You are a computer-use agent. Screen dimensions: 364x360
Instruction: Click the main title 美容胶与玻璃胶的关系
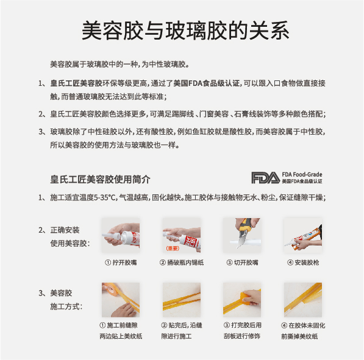pyautogui.click(x=185, y=30)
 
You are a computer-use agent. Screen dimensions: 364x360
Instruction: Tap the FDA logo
pyautogui.click(x=266, y=178)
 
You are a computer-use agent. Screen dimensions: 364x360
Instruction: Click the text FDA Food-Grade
pyautogui.click(x=302, y=174)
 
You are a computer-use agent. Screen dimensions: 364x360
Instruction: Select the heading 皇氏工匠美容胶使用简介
pyautogui.click(x=100, y=179)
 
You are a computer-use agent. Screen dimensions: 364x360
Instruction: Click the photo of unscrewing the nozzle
pyautogui.click(x=121, y=235)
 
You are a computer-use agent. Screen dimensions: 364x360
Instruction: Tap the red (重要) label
pyautogui.click(x=173, y=249)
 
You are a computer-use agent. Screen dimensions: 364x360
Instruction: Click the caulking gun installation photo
pyautogui.click(x=302, y=235)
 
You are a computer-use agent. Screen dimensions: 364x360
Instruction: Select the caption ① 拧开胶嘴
pyautogui.click(x=121, y=263)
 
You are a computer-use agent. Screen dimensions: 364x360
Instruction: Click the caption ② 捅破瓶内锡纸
pyautogui.click(x=182, y=263)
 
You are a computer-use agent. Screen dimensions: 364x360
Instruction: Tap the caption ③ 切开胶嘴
pyautogui.click(x=242, y=263)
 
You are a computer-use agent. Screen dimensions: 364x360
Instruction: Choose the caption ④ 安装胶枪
pyautogui.click(x=303, y=263)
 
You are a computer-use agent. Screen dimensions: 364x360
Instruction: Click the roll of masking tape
pyautogui.click(x=112, y=288)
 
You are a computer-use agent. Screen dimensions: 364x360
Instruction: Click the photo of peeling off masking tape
pyautogui.click(x=302, y=300)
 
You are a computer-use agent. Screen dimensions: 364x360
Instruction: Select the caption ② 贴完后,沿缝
pyautogui.click(x=182, y=325)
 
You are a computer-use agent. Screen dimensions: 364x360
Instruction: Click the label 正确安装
pyautogui.click(x=65, y=230)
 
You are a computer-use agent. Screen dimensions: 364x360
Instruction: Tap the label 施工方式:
pyautogui.click(x=66, y=306)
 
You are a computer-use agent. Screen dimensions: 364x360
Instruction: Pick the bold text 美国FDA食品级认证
pyautogui.click(x=207, y=83)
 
